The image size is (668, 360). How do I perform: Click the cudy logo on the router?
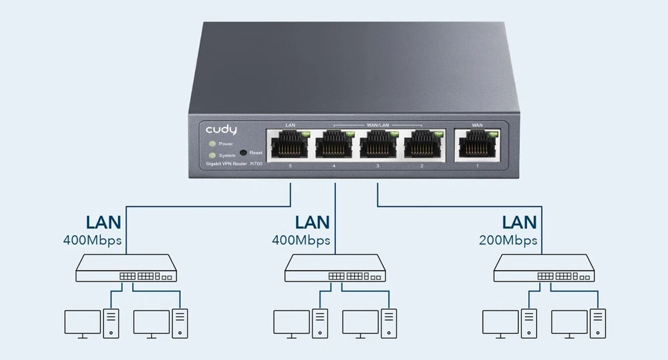pyautogui.click(x=221, y=128)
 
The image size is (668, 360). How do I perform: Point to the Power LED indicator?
pyautogui.click(x=212, y=144)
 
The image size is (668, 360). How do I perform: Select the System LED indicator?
pyautogui.click(x=212, y=155)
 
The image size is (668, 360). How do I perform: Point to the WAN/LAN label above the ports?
pyautogui.click(x=377, y=125)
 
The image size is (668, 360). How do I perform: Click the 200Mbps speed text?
pyautogui.click(x=508, y=239)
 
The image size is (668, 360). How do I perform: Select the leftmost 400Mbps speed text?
pyautogui.click(x=92, y=239)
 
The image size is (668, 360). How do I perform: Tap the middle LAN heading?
pyautogui.click(x=313, y=222)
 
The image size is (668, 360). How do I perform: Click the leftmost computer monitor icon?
pyautogui.click(x=82, y=323)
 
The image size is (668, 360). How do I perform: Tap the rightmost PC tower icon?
pyautogui.click(x=598, y=322)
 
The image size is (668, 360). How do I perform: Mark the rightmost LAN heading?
pyautogui.click(x=520, y=222)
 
